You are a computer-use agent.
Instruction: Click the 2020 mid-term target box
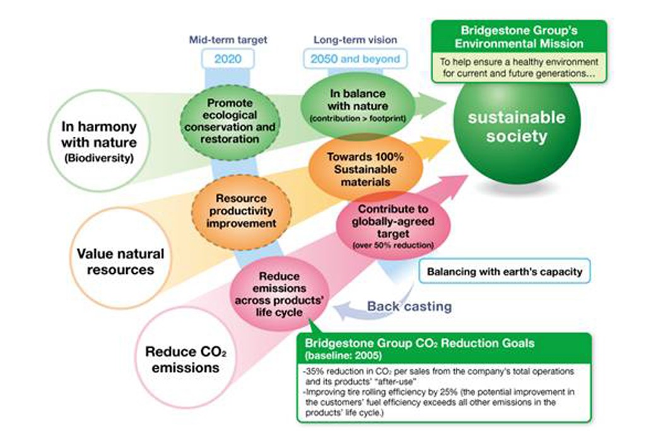(x=228, y=59)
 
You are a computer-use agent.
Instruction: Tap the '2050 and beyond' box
(x=355, y=59)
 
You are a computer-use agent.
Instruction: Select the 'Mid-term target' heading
(x=228, y=40)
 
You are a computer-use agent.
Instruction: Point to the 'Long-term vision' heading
(x=355, y=40)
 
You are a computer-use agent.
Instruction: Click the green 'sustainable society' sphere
(x=517, y=127)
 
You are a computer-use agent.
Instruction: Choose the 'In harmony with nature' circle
(x=99, y=141)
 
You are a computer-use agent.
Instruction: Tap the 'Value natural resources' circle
(x=120, y=258)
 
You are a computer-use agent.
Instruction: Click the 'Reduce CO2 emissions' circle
(x=185, y=358)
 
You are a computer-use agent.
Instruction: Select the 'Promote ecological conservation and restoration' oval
(x=230, y=121)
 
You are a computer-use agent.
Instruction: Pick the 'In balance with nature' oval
(x=358, y=105)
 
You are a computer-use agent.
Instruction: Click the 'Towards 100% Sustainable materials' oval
(x=365, y=169)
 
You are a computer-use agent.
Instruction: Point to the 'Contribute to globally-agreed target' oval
(x=393, y=226)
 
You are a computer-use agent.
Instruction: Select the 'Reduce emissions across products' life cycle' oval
(x=279, y=294)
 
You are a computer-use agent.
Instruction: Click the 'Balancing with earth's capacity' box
(x=505, y=271)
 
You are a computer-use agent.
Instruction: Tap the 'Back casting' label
(x=409, y=307)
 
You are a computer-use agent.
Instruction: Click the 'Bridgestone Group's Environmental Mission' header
(x=519, y=37)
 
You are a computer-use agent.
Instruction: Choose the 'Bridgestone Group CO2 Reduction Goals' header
(x=444, y=348)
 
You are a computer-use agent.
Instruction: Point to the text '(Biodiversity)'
(x=99, y=158)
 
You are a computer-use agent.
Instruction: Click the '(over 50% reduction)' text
(x=394, y=245)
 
